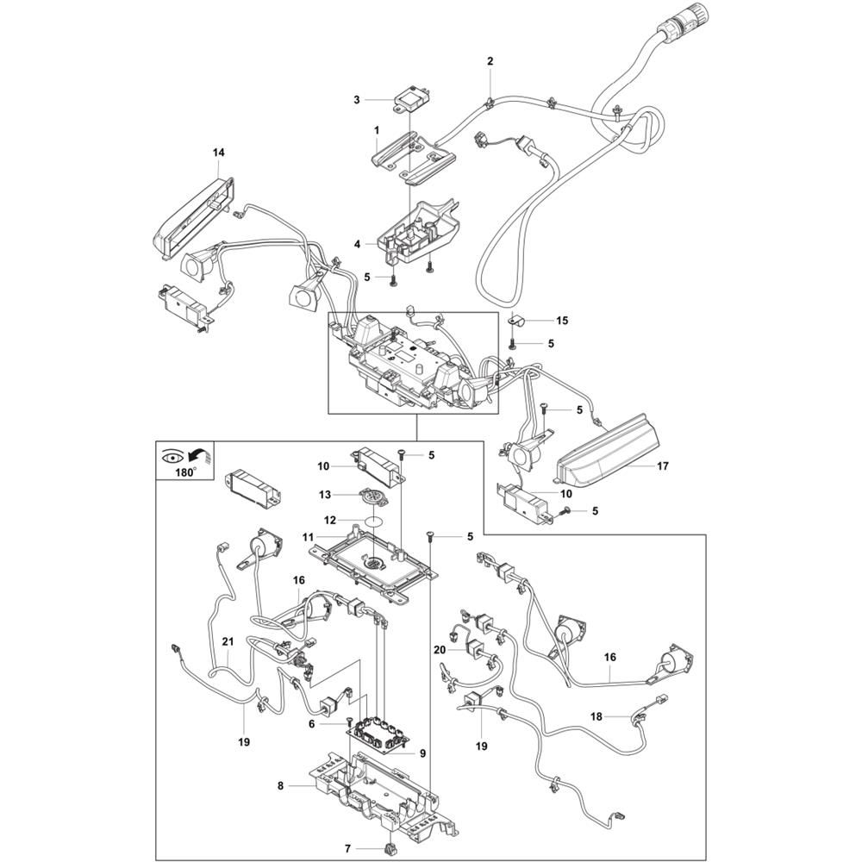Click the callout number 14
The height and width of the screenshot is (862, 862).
219,153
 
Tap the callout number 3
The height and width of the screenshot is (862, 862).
357,100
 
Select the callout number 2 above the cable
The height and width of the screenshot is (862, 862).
490,61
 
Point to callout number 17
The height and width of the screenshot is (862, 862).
662,466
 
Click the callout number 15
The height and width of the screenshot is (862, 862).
562,321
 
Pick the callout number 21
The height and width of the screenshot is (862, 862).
228,641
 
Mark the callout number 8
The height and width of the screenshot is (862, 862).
280,786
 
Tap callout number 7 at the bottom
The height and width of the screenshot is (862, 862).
347,847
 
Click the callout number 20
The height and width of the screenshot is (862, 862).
439,650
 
